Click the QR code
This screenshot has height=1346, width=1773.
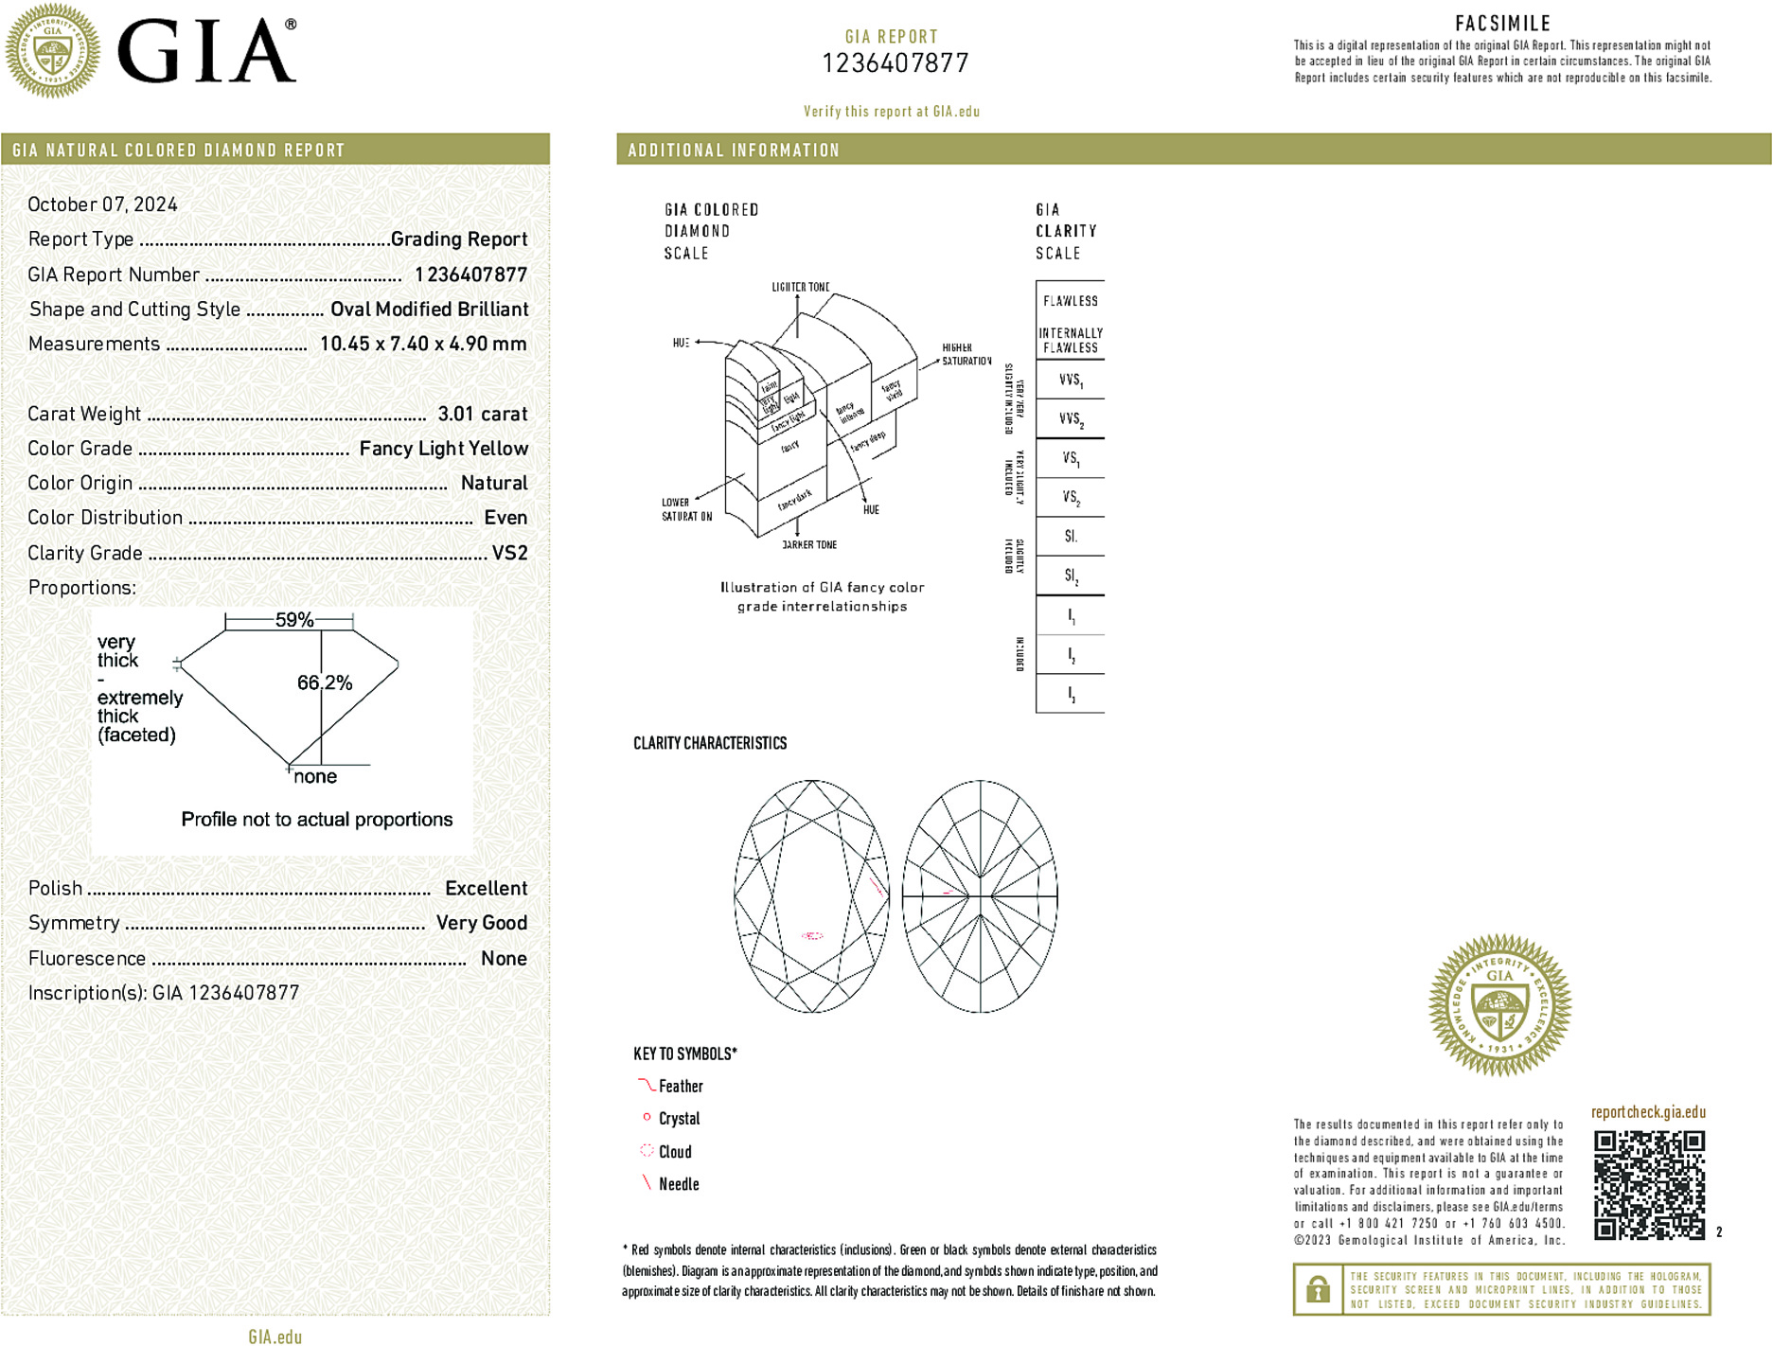click(1648, 1184)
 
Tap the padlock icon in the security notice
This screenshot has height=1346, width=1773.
click(1318, 1289)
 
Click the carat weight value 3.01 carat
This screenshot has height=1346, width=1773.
click(482, 414)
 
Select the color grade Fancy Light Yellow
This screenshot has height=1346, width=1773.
click(443, 449)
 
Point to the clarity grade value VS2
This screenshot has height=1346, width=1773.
click(509, 553)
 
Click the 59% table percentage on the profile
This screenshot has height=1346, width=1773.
click(293, 620)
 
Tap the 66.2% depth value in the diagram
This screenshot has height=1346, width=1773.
click(325, 682)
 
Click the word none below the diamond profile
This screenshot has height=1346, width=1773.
click(315, 777)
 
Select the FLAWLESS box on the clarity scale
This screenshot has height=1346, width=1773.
click(1070, 301)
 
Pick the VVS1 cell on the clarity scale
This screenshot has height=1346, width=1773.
click(1071, 381)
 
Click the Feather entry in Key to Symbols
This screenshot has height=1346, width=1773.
click(681, 1087)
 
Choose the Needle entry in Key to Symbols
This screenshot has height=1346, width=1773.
click(679, 1184)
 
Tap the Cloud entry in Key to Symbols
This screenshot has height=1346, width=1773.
click(675, 1152)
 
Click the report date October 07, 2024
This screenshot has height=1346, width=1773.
click(102, 204)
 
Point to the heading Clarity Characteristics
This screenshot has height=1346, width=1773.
click(710, 743)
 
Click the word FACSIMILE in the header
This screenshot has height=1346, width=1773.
click(1502, 24)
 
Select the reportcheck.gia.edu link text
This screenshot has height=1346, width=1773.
click(1648, 1112)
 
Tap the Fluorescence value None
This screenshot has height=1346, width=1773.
click(504, 958)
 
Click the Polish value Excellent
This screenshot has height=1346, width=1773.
click(486, 888)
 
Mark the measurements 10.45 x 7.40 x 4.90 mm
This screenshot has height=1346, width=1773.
click(423, 344)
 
